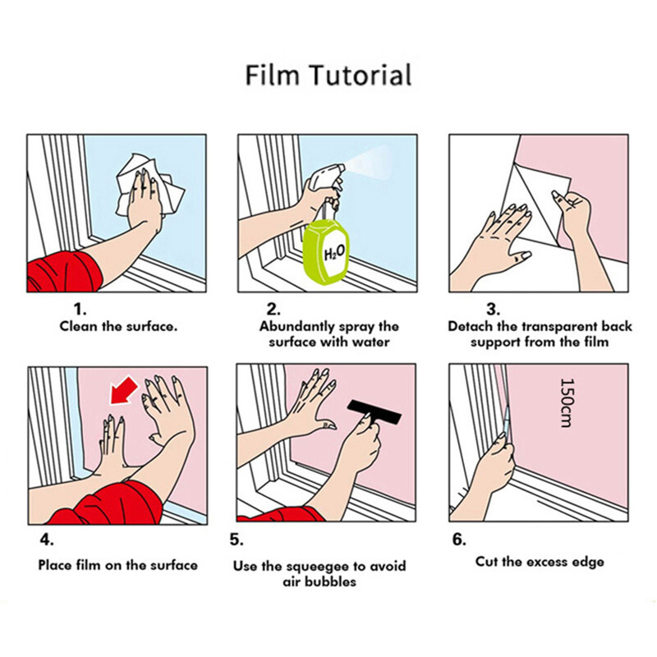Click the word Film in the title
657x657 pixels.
click(273, 76)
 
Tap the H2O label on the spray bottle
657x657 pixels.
click(335, 252)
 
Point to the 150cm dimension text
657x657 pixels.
click(566, 402)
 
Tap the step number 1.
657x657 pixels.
click(80, 310)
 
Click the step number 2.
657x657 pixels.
click(273, 310)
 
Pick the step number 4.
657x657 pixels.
click(47, 540)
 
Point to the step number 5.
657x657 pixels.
click(237, 540)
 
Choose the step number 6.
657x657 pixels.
click(459, 540)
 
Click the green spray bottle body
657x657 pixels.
click(326, 254)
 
